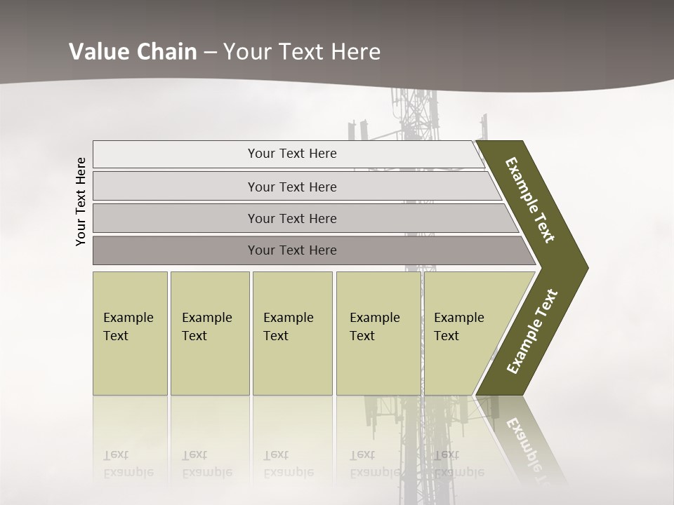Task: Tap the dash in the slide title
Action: (210, 53)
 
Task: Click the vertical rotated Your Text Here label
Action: (81, 202)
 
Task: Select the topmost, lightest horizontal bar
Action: (291, 154)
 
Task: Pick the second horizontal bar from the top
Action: (291, 187)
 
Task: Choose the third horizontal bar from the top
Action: (291, 218)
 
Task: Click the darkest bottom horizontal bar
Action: (291, 250)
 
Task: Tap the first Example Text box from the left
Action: (130, 333)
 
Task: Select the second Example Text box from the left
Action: (209, 333)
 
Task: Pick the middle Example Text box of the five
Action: (292, 333)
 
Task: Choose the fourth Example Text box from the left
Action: (378, 333)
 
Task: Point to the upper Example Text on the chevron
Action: (530, 200)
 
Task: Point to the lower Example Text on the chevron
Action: (532, 331)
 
